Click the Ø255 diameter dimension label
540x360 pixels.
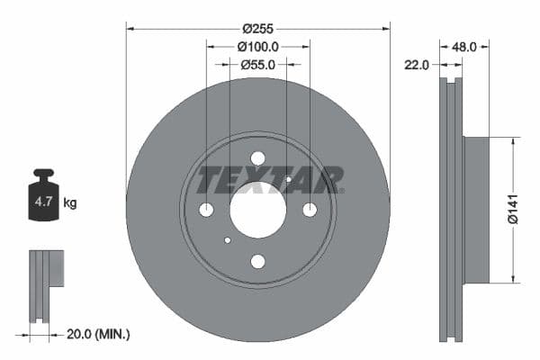[x=258, y=14]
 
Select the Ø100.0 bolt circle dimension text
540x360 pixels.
[x=258, y=46]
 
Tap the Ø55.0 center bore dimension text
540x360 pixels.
[x=258, y=64]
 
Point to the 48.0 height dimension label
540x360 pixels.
[x=463, y=46]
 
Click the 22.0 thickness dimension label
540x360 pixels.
[x=417, y=64]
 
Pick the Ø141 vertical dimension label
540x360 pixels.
[x=510, y=210]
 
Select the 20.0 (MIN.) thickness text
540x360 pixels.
[x=98, y=334]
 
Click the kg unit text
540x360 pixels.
[x=70, y=203]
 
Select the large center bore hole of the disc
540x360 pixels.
[x=258, y=210]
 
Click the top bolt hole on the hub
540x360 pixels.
[x=258, y=158]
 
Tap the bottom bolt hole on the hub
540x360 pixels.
[x=258, y=262]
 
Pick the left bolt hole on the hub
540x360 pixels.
[x=206, y=210]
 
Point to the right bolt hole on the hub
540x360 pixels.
[x=310, y=210]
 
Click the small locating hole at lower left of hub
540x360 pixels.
[x=228, y=240]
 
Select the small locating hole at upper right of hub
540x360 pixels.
[x=288, y=179]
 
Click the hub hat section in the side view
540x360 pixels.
[x=476, y=210]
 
